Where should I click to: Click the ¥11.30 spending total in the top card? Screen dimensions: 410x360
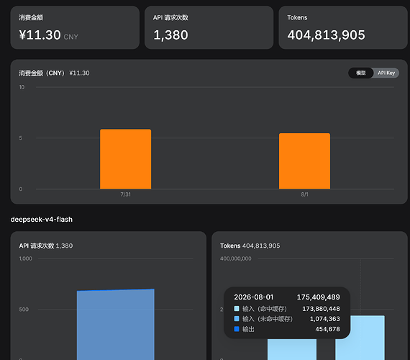click(40, 35)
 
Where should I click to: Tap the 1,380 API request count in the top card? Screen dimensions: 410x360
click(170, 35)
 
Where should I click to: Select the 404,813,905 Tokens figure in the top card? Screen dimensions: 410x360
click(326, 35)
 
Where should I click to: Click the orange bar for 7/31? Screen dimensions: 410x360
click(125, 159)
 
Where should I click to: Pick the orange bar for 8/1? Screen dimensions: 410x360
click(305, 161)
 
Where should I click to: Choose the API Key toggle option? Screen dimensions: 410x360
click(386, 73)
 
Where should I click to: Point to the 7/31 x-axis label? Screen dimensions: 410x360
click(125, 194)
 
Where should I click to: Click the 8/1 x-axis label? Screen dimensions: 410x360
click(305, 194)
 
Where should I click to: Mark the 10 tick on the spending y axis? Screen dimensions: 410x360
click(22, 87)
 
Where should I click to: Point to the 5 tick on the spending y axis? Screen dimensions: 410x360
click(21, 138)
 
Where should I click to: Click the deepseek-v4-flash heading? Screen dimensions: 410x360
click(42, 220)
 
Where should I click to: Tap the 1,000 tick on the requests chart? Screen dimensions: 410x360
click(26, 258)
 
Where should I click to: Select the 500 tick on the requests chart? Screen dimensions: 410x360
click(24, 310)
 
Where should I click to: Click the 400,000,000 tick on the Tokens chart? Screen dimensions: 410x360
click(236, 258)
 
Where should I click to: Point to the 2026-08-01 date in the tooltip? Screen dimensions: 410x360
click(254, 297)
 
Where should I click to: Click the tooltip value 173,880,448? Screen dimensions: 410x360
click(321, 309)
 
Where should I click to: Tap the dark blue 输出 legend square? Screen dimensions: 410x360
click(237, 329)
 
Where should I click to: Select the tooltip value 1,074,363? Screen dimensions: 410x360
click(324, 319)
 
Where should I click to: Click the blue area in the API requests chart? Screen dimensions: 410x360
click(116, 325)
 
